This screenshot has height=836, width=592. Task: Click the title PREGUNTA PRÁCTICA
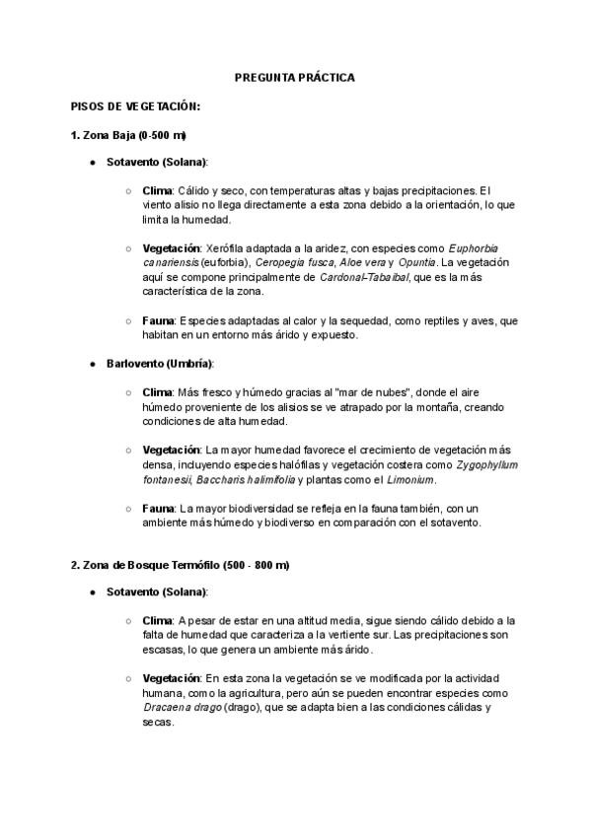click(x=294, y=76)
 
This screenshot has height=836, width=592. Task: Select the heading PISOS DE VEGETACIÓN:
click(x=135, y=105)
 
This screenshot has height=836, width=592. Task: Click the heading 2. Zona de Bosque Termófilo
click(x=179, y=565)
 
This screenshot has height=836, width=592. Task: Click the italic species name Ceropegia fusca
click(x=290, y=263)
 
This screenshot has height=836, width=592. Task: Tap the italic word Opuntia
click(x=414, y=263)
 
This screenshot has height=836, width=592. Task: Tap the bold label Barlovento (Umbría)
click(x=160, y=364)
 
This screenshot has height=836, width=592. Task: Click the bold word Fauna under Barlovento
click(x=158, y=508)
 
